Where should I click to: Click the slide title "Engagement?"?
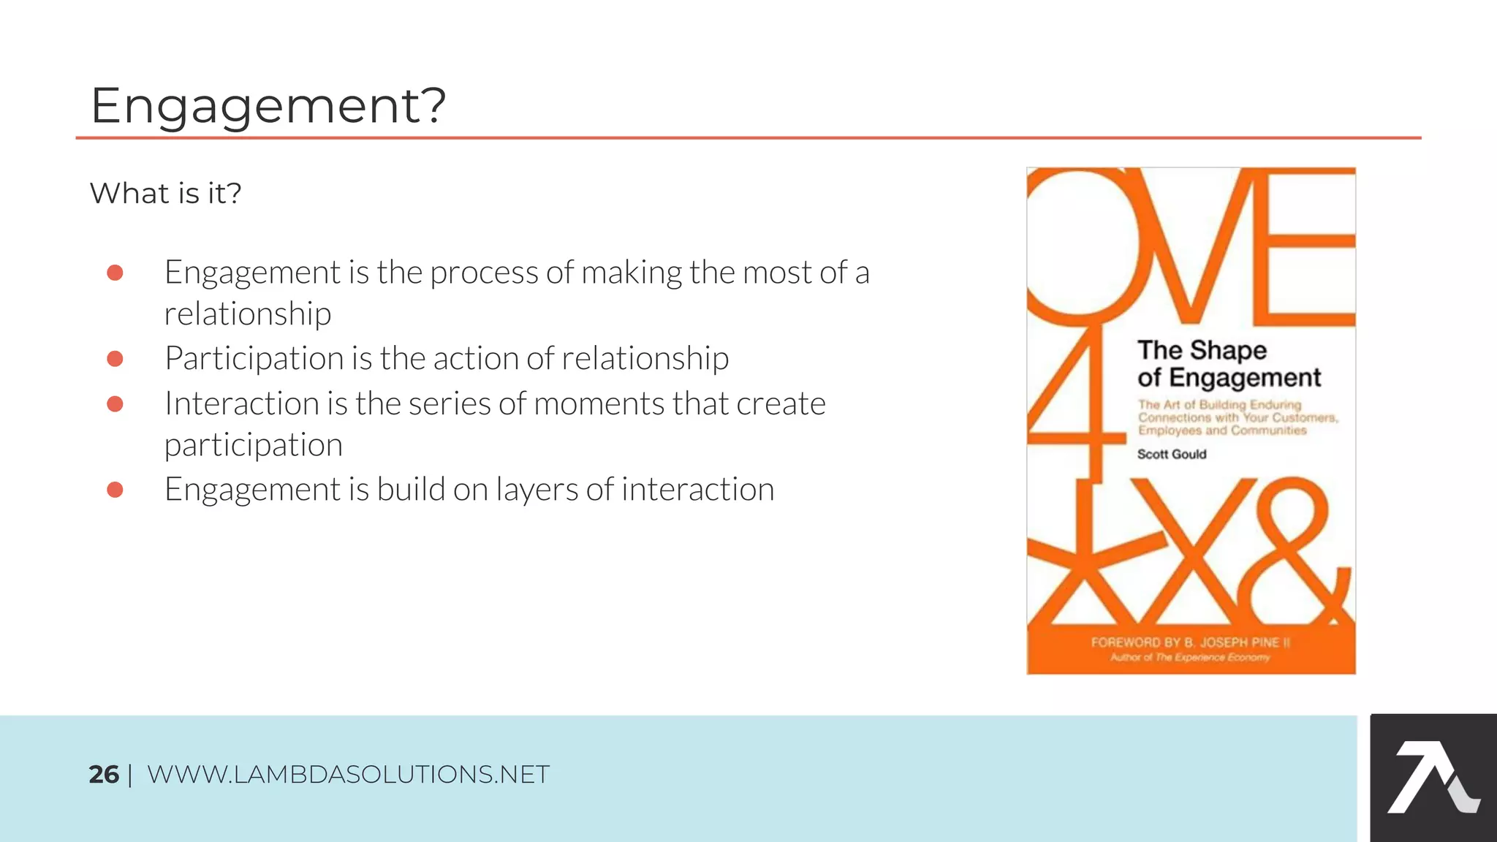click(268, 105)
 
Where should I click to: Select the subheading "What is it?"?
click(165, 193)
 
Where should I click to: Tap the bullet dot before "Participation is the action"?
click(115, 359)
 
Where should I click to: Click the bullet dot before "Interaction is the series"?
click(115, 404)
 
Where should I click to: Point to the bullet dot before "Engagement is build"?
click(115, 490)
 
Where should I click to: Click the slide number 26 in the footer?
click(103, 775)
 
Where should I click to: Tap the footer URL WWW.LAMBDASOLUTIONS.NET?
click(348, 775)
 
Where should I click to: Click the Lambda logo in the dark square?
click(1433, 778)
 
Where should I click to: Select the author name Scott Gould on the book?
click(1172, 454)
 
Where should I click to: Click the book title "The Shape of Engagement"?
click(1229, 364)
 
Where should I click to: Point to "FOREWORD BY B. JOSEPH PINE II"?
click(1190, 642)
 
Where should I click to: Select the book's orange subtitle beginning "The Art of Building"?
click(1237, 417)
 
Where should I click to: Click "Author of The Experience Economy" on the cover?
click(1190, 658)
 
